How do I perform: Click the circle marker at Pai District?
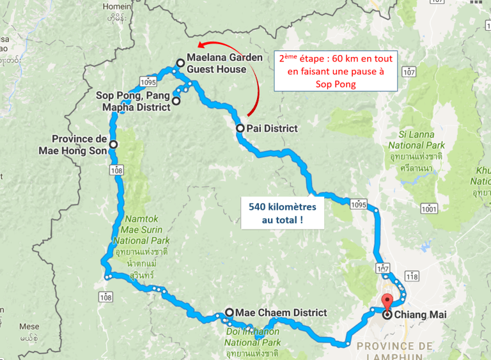click(240, 128)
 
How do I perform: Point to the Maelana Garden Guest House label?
click(224, 63)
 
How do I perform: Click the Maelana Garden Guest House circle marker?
click(180, 63)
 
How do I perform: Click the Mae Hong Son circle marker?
click(113, 145)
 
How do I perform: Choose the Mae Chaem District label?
click(281, 313)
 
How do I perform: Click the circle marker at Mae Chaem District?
click(229, 313)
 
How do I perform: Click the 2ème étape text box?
click(335, 71)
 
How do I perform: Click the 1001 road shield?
click(429, 208)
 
